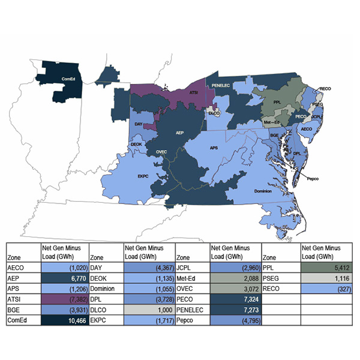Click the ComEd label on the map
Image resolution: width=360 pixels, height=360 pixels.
pyautogui.click(x=68, y=79)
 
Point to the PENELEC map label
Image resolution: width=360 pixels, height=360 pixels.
pyautogui.click(x=221, y=86)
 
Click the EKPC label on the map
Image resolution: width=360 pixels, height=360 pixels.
pyautogui.click(x=143, y=176)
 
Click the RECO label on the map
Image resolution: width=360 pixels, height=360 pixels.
pyautogui.click(x=325, y=89)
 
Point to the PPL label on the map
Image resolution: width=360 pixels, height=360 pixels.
pyautogui.click(x=277, y=102)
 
